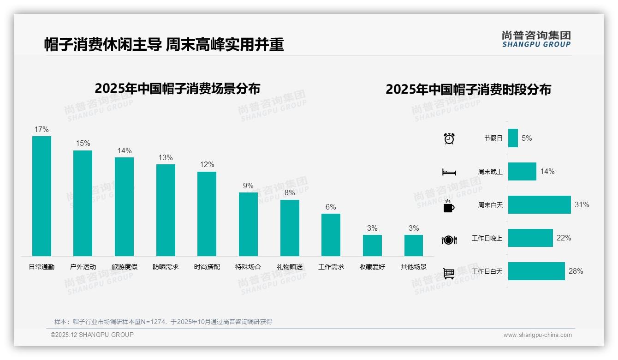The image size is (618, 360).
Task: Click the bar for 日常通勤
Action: [x=42, y=196]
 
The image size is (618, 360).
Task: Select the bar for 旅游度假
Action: [x=124, y=207]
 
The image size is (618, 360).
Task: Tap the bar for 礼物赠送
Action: [x=290, y=228]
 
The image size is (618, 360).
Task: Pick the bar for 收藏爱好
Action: [x=372, y=246]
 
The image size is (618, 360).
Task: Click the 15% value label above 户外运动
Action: [x=83, y=144]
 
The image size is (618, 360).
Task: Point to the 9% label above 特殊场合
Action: [x=248, y=186]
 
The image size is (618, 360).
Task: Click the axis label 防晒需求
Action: [x=166, y=267]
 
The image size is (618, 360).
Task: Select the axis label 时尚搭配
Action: [x=207, y=267]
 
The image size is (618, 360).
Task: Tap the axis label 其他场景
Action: [x=414, y=267]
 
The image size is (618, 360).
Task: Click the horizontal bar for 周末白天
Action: [x=539, y=205]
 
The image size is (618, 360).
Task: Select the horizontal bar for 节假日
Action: [x=513, y=138]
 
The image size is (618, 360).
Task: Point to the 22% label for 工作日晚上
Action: [x=564, y=238]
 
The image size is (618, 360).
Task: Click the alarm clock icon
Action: [x=449, y=138]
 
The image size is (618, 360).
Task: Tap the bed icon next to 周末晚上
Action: [x=449, y=172]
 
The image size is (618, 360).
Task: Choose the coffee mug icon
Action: [x=449, y=206]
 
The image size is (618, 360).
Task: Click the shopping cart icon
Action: [x=449, y=273]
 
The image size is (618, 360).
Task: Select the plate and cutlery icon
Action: [x=449, y=240]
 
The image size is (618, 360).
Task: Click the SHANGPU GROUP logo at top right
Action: [x=536, y=39]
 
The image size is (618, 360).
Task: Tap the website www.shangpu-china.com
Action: [x=537, y=335]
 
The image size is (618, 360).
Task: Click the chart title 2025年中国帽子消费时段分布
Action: [x=468, y=90]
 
